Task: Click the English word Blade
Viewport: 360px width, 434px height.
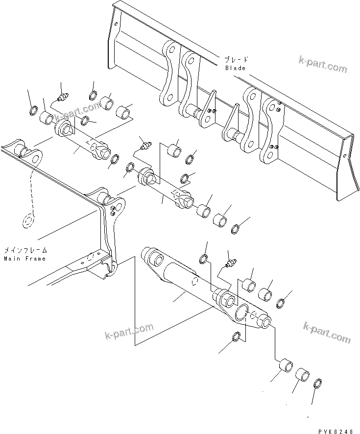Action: tap(235, 68)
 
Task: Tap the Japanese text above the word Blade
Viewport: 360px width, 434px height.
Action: tap(235, 60)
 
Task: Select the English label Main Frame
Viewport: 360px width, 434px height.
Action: tap(24, 258)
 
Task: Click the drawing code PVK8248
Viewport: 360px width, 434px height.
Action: tap(335, 431)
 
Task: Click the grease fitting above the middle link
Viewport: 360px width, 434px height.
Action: tap(145, 145)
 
